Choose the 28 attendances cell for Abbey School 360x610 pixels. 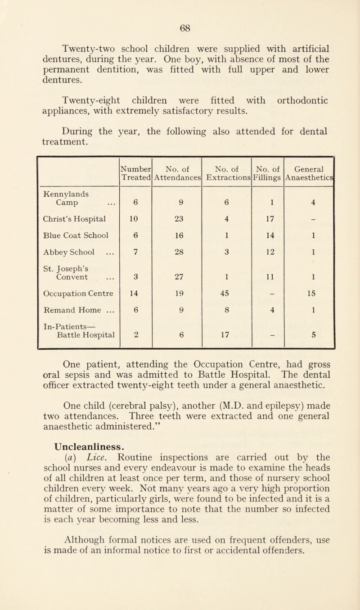point(178,264)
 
